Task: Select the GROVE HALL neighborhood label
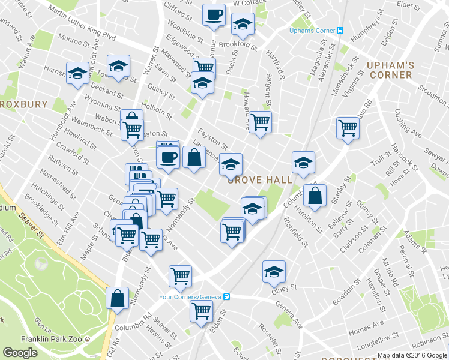[x=260, y=179]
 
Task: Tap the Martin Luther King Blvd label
[x=80, y=27]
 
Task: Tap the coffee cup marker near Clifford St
[x=213, y=16]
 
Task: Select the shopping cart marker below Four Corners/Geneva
[x=201, y=311]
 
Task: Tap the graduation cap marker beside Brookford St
[x=243, y=26]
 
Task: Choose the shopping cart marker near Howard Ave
[x=260, y=122]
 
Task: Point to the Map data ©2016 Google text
[x=412, y=355]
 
